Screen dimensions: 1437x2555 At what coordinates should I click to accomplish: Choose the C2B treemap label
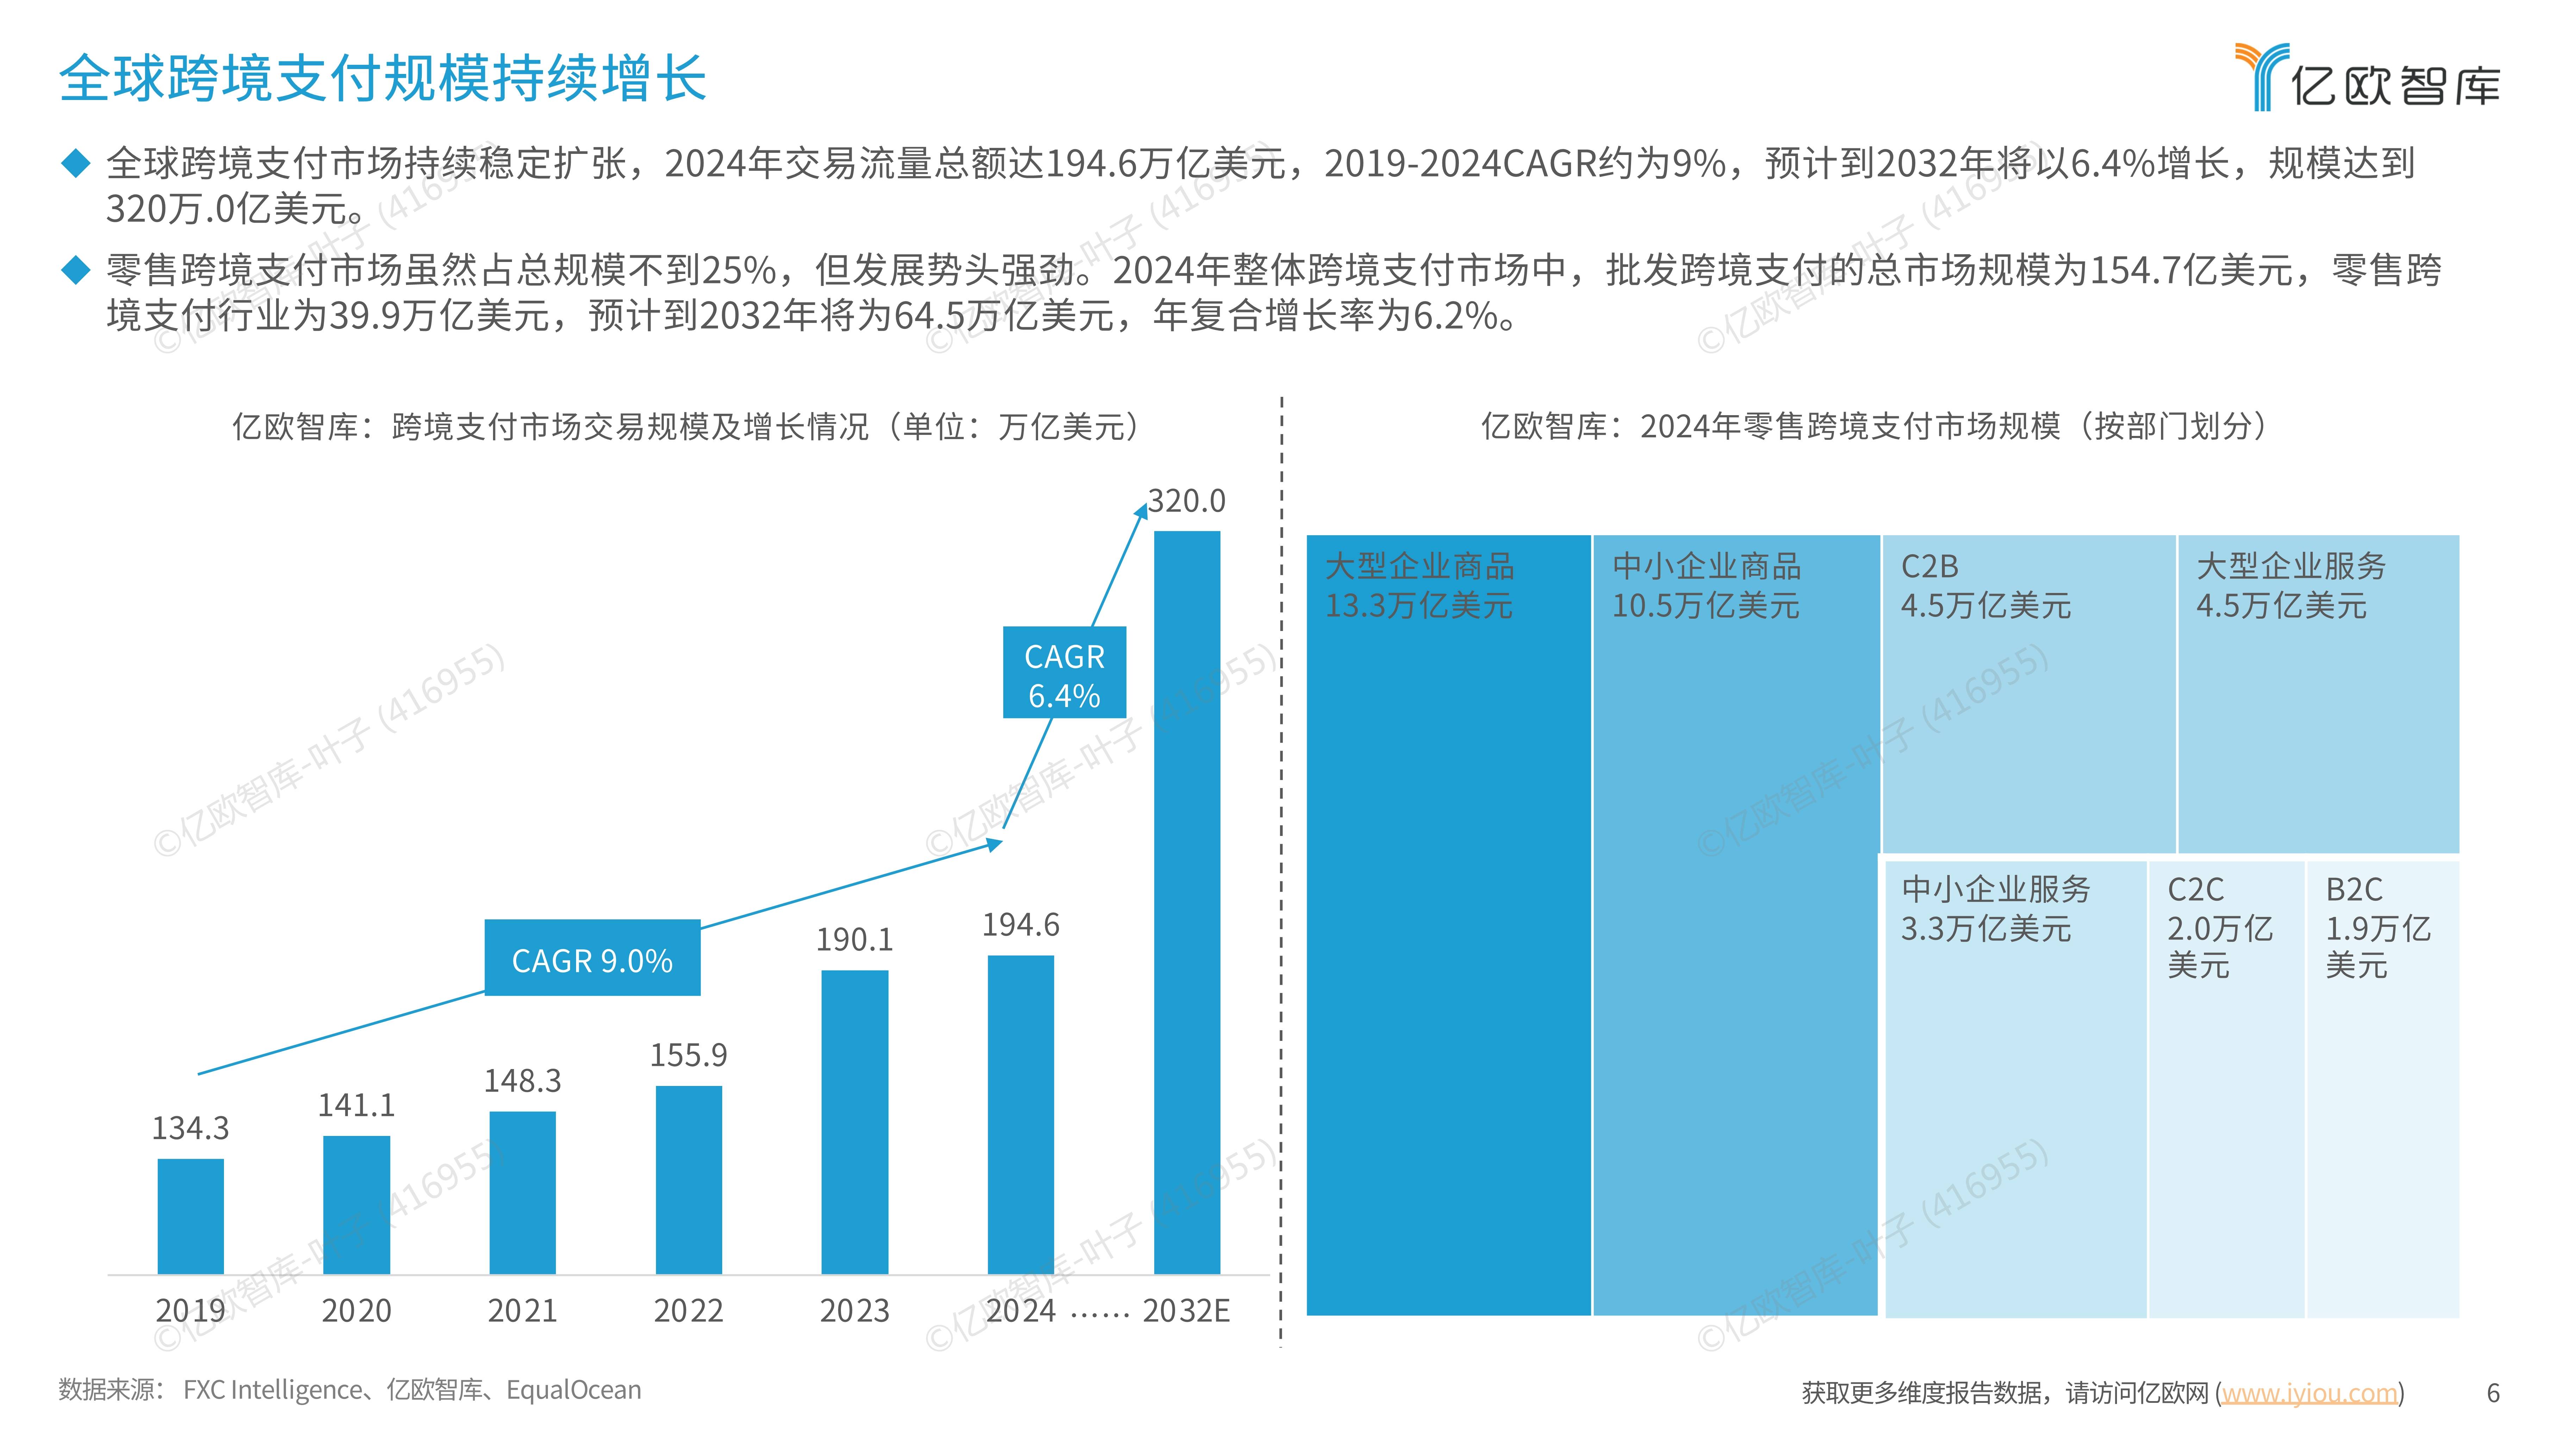click(1929, 566)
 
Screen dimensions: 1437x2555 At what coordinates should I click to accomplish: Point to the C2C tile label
click(2195, 889)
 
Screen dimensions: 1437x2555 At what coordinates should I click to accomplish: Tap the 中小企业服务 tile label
click(1995, 889)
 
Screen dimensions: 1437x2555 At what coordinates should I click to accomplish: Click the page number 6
click(2493, 1392)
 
